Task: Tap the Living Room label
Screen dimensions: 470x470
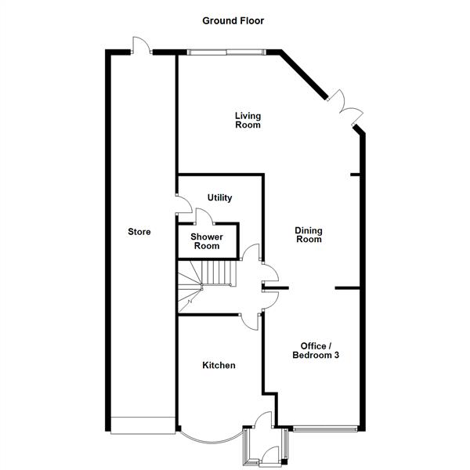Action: pyautogui.click(x=248, y=120)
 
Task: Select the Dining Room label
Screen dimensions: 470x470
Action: pyautogui.click(x=308, y=235)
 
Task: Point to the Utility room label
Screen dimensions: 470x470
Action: pyautogui.click(x=219, y=198)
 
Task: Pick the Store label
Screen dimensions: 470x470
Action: pyautogui.click(x=139, y=232)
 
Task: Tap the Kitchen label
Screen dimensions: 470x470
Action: pyautogui.click(x=219, y=365)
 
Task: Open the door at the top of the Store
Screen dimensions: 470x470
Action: pyautogui.click(x=140, y=45)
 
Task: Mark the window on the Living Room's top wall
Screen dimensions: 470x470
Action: pyautogui.click(x=227, y=52)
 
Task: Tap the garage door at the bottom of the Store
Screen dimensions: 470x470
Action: pyautogui.click(x=142, y=425)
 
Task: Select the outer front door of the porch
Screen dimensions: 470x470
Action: pyautogui.click(x=267, y=453)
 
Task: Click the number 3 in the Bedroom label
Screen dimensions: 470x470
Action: pyautogui.click(x=345, y=356)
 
